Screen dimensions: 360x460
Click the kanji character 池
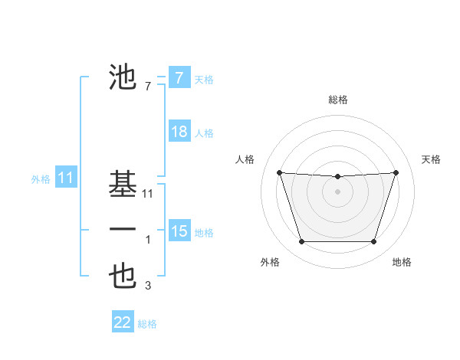123,77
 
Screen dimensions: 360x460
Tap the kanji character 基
123,184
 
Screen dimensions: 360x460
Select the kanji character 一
123,230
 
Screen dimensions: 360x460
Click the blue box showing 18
179,132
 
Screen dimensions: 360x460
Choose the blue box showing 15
179,231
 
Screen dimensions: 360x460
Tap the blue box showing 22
123,322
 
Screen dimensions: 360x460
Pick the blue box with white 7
179,77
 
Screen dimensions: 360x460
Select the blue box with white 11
65,178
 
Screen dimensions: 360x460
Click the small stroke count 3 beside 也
148,286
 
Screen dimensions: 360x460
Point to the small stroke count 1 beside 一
148,240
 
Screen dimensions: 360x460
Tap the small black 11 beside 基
148,195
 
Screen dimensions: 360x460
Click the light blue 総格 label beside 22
147,324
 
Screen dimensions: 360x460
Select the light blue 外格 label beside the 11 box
41,179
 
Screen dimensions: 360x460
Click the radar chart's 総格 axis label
337,100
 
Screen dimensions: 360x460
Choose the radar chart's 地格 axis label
402,262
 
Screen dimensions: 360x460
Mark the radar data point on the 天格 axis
396,172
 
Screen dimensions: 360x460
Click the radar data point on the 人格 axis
279,172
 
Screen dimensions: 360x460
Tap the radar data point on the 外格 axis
301,242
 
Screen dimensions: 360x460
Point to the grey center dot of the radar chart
337,191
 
